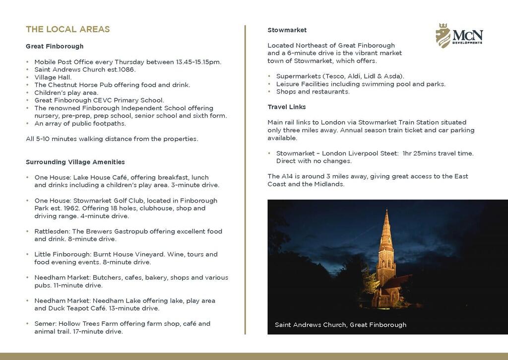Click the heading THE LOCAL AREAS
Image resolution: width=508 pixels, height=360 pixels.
(x=67, y=29)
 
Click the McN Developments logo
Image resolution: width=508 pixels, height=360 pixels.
(x=459, y=35)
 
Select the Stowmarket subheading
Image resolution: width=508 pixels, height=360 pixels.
(x=287, y=30)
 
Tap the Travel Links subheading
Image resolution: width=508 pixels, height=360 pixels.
(x=286, y=107)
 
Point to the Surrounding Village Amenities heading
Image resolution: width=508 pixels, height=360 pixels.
(x=75, y=162)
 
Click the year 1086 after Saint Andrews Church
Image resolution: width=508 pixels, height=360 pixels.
(x=127, y=70)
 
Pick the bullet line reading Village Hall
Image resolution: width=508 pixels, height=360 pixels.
(x=53, y=77)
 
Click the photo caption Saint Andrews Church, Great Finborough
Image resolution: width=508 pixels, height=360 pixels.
(x=340, y=325)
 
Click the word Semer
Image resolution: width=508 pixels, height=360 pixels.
(x=44, y=324)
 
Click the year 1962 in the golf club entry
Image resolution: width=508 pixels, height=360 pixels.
(x=67, y=209)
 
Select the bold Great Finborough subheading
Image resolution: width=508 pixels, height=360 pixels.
(x=55, y=47)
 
